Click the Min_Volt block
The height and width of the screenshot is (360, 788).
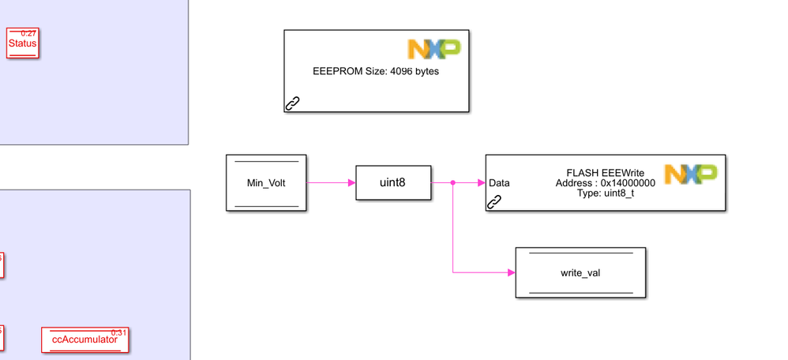pos(266,183)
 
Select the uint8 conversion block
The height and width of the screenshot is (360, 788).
pos(393,183)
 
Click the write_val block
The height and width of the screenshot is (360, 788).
pos(580,273)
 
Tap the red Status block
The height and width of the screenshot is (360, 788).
pos(22,44)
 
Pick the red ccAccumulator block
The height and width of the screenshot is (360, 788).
pos(84,339)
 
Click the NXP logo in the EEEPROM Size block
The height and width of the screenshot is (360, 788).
pos(433,49)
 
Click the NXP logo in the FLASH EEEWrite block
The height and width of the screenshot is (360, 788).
pos(690,174)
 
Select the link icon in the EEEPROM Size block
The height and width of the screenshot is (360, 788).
pos(292,103)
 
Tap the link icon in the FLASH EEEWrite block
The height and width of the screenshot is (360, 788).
pos(494,201)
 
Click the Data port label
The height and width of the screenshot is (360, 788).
pos(499,183)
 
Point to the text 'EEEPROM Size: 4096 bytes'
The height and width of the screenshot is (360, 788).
pos(376,71)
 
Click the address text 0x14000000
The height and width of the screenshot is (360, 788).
pos(627,183)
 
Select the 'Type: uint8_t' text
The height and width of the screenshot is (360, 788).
pos(605,193)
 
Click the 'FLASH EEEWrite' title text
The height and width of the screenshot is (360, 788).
pos(606,172)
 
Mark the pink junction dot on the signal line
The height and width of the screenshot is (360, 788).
pos(452,183)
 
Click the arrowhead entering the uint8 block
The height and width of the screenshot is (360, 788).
pos(351,183)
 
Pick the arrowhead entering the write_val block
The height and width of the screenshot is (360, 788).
pos(511,273)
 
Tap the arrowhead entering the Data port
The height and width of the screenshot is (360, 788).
pos(481,183)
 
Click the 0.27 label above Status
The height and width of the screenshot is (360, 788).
pos(28,33)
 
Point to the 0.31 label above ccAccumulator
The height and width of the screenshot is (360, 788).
pos(119,332)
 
